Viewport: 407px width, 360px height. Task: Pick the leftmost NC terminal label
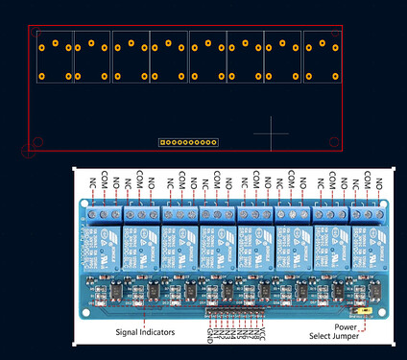[93, 180]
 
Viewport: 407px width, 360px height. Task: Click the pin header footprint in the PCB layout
[188, 143]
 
